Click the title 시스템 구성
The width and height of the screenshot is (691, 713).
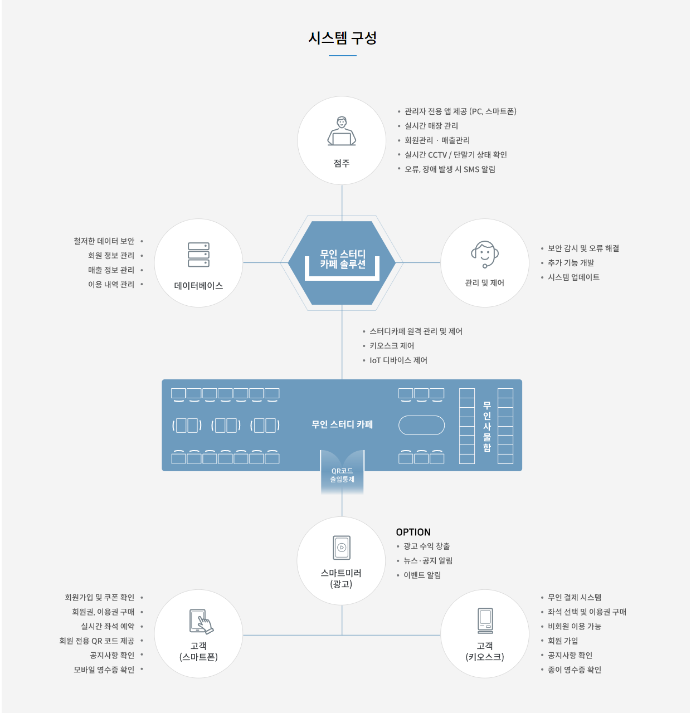342,38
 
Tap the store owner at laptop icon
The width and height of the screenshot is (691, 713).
342,131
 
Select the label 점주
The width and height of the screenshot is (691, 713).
342,163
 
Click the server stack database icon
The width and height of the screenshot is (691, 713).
199,255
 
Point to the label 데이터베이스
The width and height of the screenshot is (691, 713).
199,286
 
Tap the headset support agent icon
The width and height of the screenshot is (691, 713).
485,254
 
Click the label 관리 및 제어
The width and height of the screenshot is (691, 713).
485,283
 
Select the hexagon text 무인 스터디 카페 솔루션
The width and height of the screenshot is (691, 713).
343,259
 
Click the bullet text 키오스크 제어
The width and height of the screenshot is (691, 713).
392,346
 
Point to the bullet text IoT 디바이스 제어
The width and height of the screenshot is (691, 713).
398,360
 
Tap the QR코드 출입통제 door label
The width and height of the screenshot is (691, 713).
342,475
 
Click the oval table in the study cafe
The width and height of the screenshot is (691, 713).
421,426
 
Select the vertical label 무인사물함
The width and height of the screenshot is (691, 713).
487,427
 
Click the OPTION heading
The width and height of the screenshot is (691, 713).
413,532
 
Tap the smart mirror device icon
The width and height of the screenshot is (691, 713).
342,548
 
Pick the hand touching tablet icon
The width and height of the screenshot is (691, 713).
201,622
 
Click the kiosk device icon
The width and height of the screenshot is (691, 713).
485,621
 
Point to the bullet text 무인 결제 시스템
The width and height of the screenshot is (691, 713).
575,598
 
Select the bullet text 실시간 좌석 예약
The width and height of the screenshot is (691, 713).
108,627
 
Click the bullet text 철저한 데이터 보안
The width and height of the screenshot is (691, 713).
104,241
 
